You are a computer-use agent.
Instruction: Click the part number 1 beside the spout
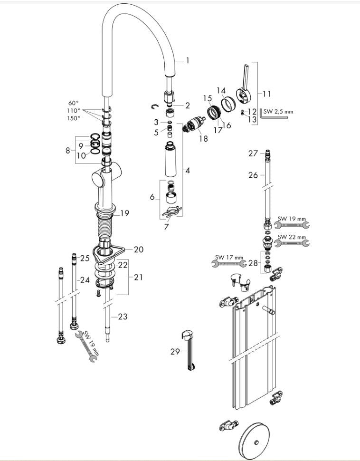coord(187,60)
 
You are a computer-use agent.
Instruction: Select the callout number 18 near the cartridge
coord(203,139)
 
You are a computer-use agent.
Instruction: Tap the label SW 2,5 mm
coord(278,112)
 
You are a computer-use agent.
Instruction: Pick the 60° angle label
coord(74,103)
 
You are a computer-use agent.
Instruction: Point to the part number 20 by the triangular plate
coord(139,249)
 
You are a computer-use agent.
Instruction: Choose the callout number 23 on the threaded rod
coord(123,317)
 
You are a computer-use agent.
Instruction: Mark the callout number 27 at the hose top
coord(253,153)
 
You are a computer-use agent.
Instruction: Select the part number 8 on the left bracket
coord(68,151)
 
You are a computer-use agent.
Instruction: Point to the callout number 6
coord(152,196)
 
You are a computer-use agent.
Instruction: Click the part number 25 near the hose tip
coord(85,258)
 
